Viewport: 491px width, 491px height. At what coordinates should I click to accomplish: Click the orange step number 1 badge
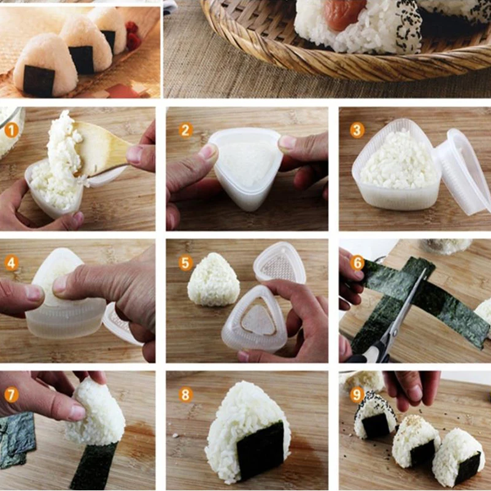point(12,130)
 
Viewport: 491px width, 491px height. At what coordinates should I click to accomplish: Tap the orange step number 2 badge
point(185,130)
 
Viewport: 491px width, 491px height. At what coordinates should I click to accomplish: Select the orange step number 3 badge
point(357,130)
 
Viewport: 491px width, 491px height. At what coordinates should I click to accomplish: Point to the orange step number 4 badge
point(12,263)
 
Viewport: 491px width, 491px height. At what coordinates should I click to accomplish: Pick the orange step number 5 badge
point(185,263)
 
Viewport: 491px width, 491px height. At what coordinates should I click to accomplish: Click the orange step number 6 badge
point(357,263)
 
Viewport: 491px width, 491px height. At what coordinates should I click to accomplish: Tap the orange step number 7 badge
point(12,395)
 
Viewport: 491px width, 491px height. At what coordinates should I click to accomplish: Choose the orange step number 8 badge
point(185,395)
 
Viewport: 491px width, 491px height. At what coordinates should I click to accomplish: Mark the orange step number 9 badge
point(357,395)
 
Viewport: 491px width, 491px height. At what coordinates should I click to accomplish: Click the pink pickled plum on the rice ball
point(345,14)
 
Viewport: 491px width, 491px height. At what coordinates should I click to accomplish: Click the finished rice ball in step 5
point(214,280)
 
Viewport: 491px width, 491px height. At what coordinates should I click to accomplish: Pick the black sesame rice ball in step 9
point(374,415)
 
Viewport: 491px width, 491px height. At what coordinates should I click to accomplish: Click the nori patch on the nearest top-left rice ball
point(39,81)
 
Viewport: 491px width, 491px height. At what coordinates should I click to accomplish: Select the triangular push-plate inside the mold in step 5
point(258,319)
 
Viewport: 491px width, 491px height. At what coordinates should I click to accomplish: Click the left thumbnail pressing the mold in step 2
point(208,151)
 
